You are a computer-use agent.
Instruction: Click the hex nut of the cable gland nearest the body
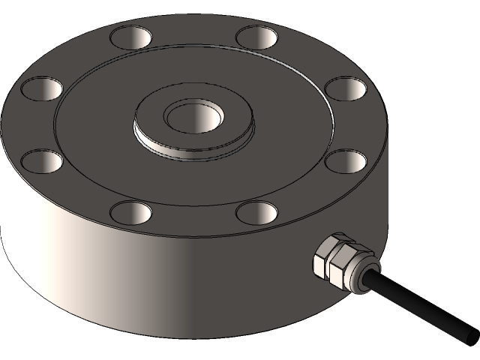pos(325,255)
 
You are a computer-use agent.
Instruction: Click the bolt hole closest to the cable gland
pos(256,212)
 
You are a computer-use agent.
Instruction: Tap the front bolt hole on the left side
pos(130,212)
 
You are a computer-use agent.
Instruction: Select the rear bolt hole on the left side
pos(130,35)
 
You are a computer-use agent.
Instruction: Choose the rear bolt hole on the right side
pos(256,35)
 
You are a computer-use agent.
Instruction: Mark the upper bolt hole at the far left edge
pos(42,88)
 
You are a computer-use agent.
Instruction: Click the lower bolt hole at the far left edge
pos(42,160)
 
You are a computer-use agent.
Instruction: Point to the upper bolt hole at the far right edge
pos(345,88)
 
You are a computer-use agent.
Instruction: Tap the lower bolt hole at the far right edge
pos(345,160)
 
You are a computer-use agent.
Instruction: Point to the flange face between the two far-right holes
pos(357,124)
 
